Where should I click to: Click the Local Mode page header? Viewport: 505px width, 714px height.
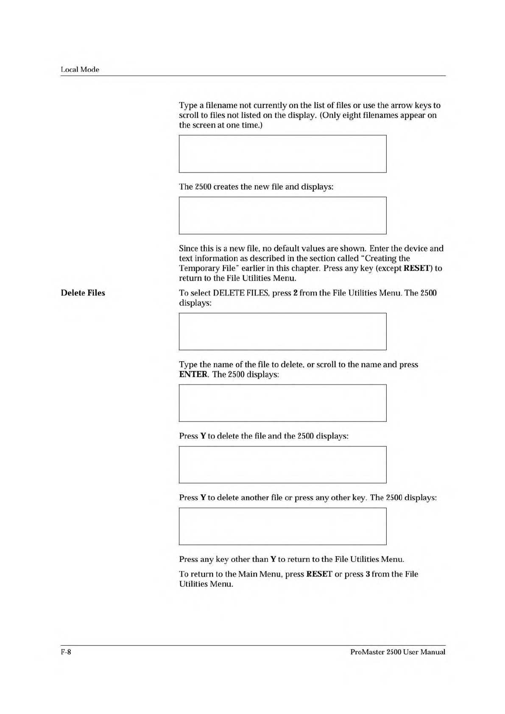coord(80,70)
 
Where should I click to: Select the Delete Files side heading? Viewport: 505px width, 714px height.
coord(83,293)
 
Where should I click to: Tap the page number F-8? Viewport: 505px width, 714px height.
coord(66,652)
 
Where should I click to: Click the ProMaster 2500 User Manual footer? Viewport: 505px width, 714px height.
coord(398,652)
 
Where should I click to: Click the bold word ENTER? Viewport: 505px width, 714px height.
coord(193,375)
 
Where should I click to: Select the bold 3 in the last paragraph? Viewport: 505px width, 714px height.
coord(368,575)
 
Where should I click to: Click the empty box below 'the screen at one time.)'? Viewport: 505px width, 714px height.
coord(282,154)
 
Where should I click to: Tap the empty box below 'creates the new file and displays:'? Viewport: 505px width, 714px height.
coord(282,215)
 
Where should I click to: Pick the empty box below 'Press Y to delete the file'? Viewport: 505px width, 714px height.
coord(282,465)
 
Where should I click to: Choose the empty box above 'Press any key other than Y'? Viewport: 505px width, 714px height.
coord(282,526)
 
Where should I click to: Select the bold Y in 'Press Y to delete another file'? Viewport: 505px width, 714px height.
coord(203,498)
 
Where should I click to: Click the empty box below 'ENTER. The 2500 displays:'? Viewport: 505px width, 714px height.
coord(282,403)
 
